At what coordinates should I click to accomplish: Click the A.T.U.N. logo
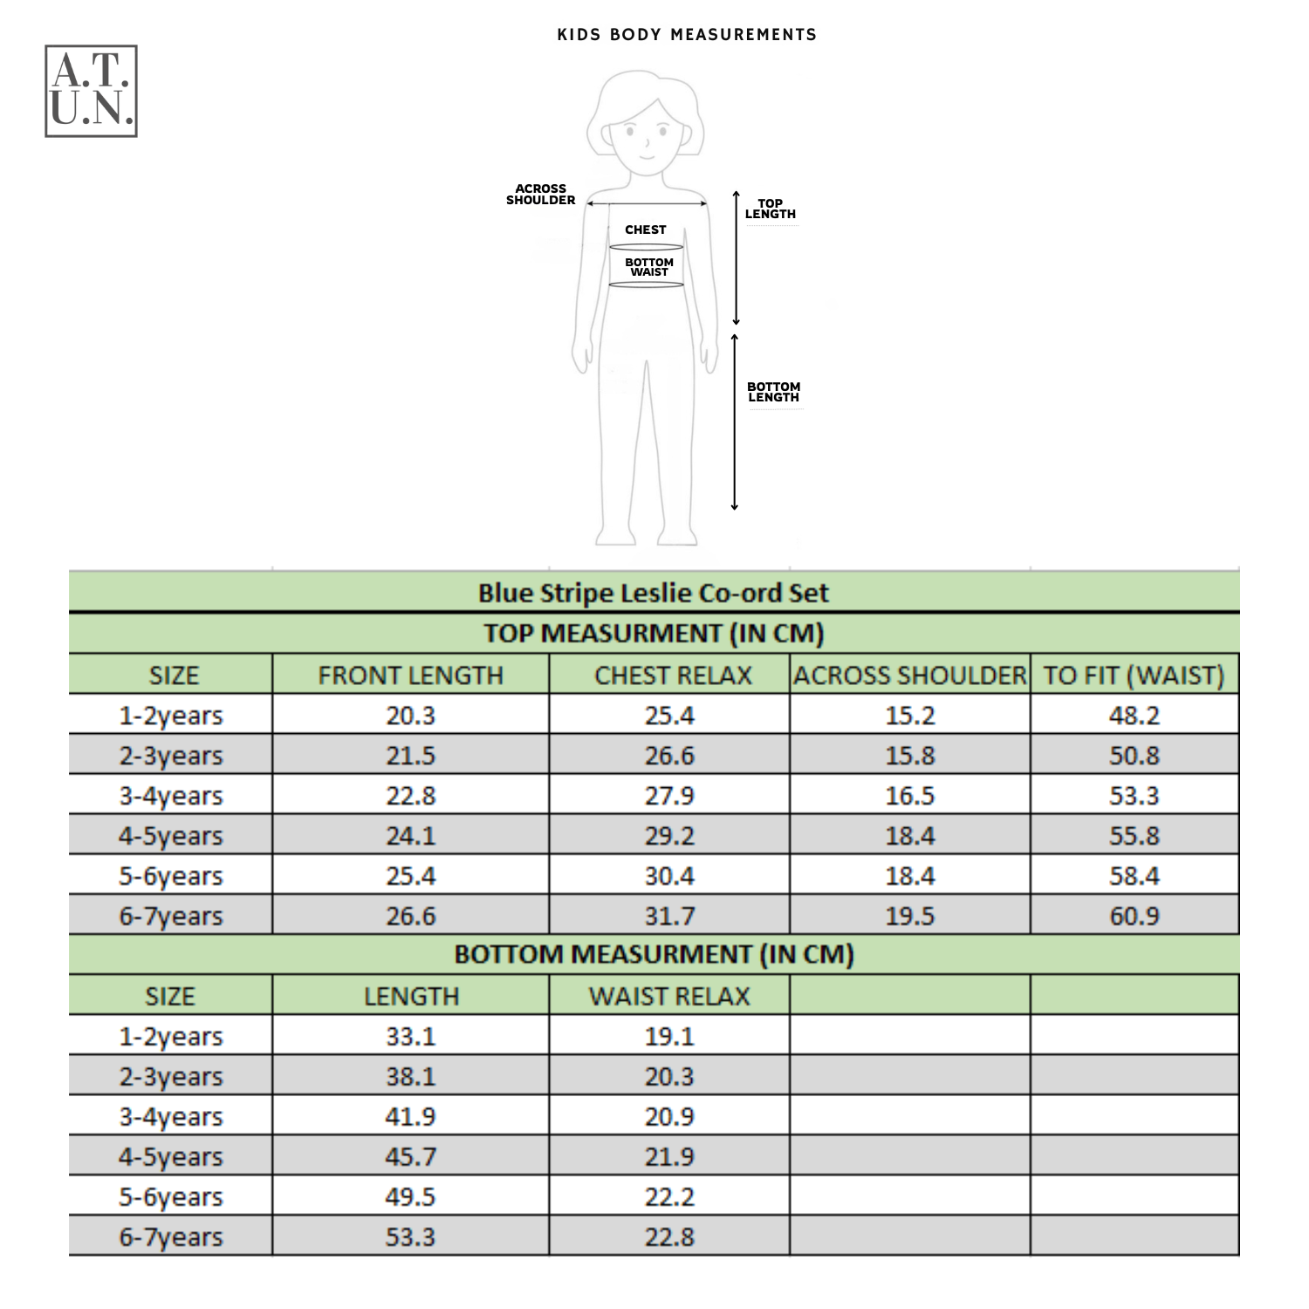point(91,91)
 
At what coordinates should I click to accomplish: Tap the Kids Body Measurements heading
point(687,35)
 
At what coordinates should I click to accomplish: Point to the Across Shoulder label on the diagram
point(540,195)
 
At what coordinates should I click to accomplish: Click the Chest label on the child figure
point(646,230)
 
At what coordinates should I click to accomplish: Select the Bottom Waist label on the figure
point(649,267)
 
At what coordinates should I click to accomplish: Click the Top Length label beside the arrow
point(770,209)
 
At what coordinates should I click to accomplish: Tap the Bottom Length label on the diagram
point(773,392)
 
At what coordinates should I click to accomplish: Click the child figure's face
point(647,135)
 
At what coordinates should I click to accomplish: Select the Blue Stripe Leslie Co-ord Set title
point(653,593)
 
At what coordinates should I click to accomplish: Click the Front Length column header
point(410,675)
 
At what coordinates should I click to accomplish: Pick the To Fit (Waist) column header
point(1134,675)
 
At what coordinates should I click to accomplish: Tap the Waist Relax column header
point(669,997)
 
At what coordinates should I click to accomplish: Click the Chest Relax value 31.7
point(669,916)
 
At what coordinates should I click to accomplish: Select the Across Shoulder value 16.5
point(909,796)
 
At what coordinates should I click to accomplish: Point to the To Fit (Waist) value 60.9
point(1134,916)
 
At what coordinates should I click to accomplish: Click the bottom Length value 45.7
point(410,1157)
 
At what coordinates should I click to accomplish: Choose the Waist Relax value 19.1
point(669,1037)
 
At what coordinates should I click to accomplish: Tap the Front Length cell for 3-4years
point(410,796)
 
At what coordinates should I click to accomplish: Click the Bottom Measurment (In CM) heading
point(653,955)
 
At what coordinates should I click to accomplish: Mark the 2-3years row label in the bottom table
point(171,1077)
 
